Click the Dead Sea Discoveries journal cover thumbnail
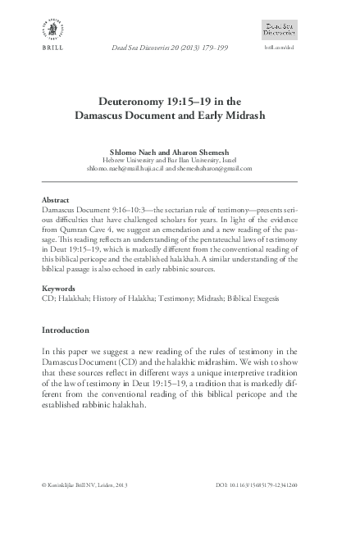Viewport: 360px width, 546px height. tap(280, 30)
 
